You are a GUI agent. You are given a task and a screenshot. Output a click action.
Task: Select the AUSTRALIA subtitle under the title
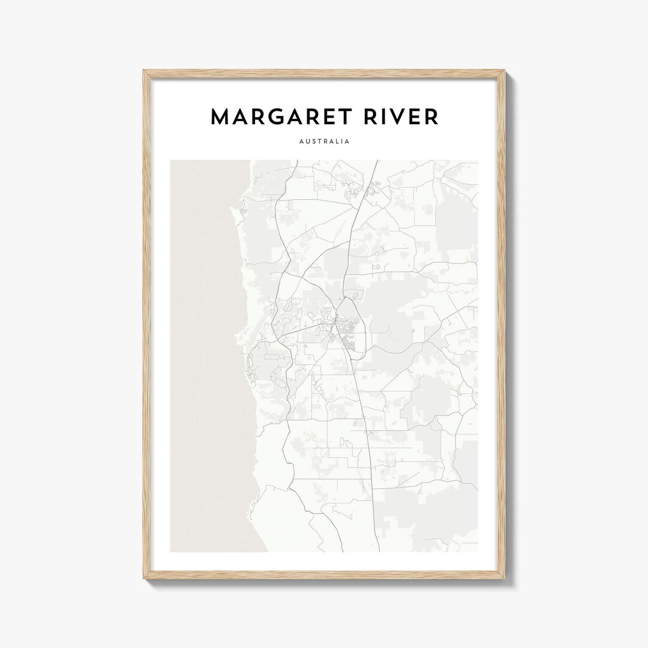point(324,142)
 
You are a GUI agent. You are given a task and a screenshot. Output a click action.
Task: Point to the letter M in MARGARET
point(220,116)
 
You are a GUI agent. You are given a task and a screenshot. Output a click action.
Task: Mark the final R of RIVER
point(431,116)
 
